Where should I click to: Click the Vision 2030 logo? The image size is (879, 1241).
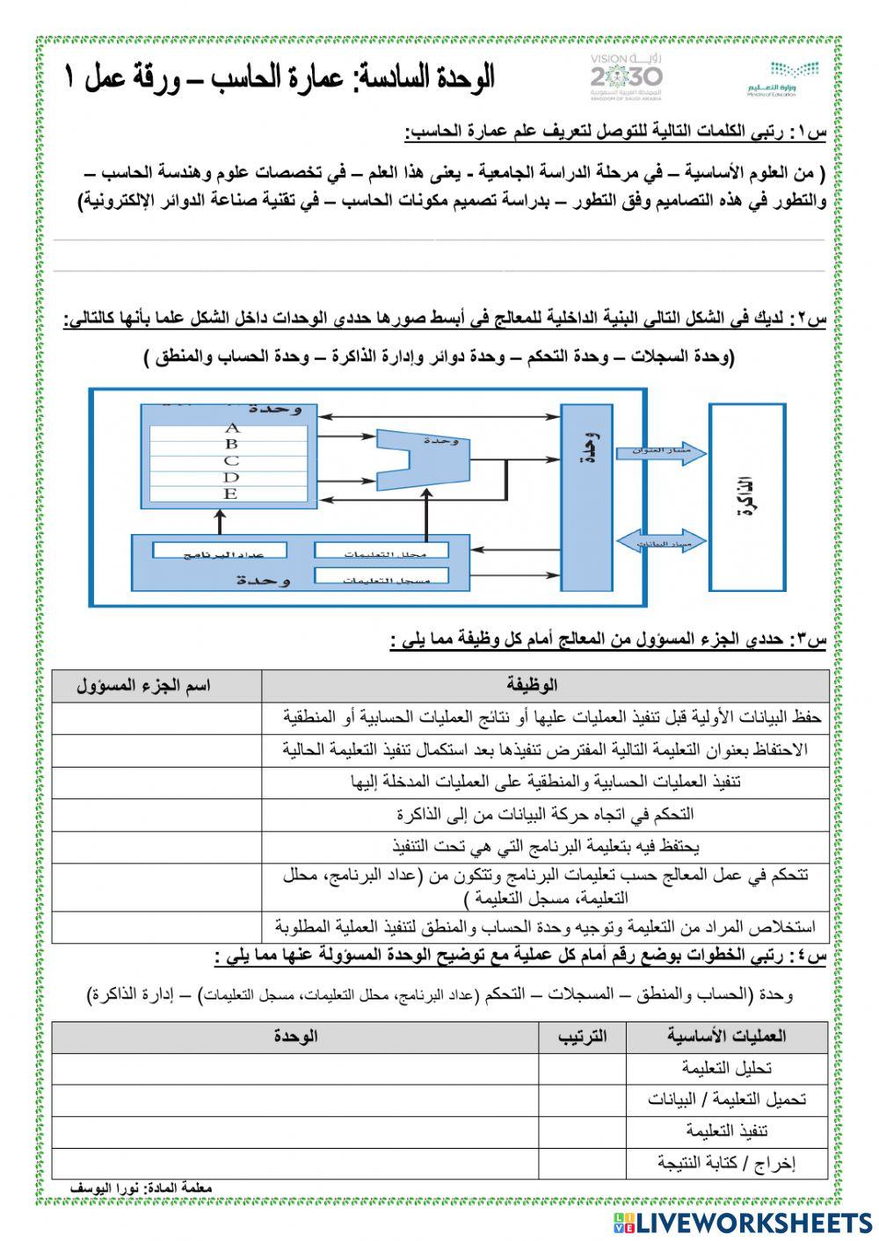(x=627, y=76)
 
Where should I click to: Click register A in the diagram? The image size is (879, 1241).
(x=232, y=428)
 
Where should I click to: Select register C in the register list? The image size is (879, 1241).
(x=232, y=461)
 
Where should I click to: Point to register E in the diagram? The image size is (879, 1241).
(x=232, y=494)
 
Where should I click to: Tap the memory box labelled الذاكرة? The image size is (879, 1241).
(x=749, y=498)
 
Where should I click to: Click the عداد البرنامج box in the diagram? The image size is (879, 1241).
(x=221, y=551)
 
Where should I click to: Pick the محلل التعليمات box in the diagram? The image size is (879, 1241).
(x=381, y=551)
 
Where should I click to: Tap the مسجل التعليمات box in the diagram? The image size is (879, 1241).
(x=381, y=576)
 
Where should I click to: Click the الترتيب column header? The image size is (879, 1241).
(x=582, y=1036)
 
